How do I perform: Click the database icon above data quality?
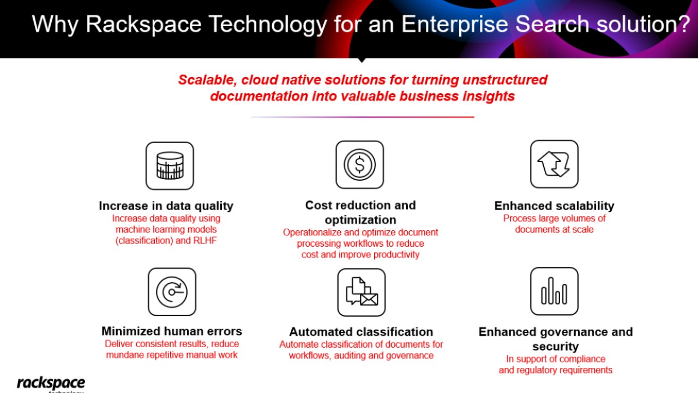[x=170, y=166]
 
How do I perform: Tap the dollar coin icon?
[x=359, y=165]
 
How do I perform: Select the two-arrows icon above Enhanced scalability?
[x=554, y=164]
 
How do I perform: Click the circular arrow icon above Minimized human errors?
[x=172, y=292]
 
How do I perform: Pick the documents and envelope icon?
[x=362, y=292]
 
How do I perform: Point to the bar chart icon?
[x=554, y=291]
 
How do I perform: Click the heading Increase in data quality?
[x=166, y=206]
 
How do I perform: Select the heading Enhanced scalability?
[x=554, y=206]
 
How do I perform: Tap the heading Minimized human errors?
[x=172, y=331]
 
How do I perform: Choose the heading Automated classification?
[x=361, y=332]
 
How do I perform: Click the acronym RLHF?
[x=204, y=241]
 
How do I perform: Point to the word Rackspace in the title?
[x=143, y=25]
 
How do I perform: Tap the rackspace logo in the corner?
[x=51, y=384]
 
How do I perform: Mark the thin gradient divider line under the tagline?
[x=363, y=117]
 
